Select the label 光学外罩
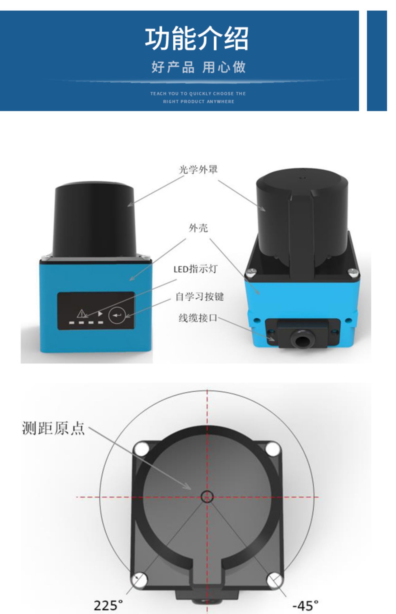tap(198, 169)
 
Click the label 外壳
tap(198, 228)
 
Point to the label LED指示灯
tap(195, 269)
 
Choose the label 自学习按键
tap(200, 296)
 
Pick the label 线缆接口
tap(198, 318)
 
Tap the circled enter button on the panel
tap(117, 315)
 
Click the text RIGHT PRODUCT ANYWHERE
tap(199, 102)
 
